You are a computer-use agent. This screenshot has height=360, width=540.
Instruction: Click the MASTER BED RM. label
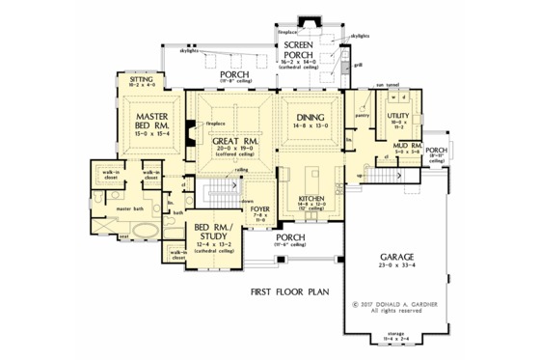pos(147,120)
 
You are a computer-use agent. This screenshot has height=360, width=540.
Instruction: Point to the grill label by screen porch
pos(358,66)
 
